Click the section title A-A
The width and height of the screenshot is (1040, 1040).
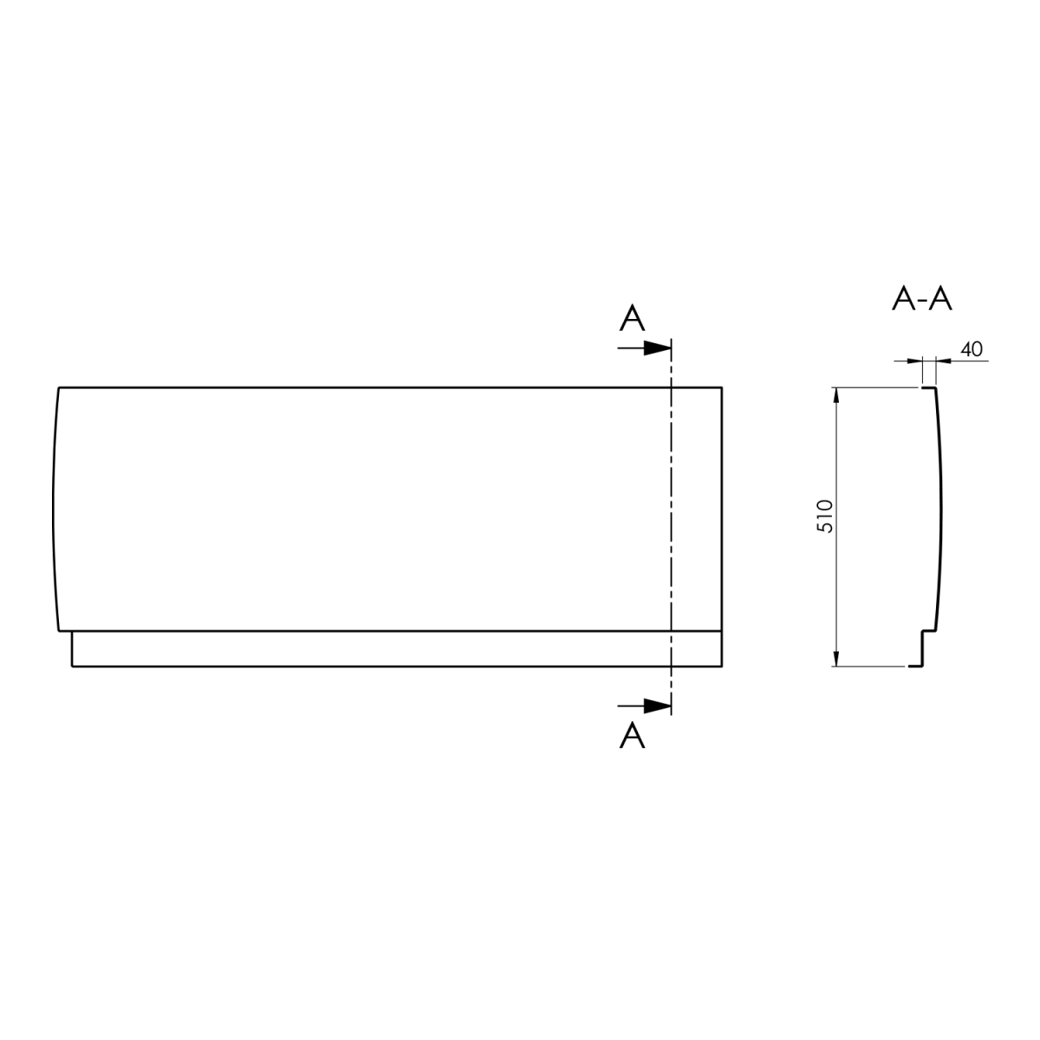point(921,298)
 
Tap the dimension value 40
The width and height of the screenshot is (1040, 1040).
point(972,350)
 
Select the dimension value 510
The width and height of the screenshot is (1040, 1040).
point(825,517)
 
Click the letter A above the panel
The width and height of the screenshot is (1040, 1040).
point(632,318)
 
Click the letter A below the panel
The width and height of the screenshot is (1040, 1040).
point(632,735)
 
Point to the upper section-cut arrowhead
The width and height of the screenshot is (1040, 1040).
point(657,348)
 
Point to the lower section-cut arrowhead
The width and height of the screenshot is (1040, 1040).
point(657,705)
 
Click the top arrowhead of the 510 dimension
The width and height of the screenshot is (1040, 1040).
point(836,395)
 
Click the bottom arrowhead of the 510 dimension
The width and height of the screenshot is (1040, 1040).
point(836,659)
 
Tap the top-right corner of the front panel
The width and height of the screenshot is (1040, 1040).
point(722,387)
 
